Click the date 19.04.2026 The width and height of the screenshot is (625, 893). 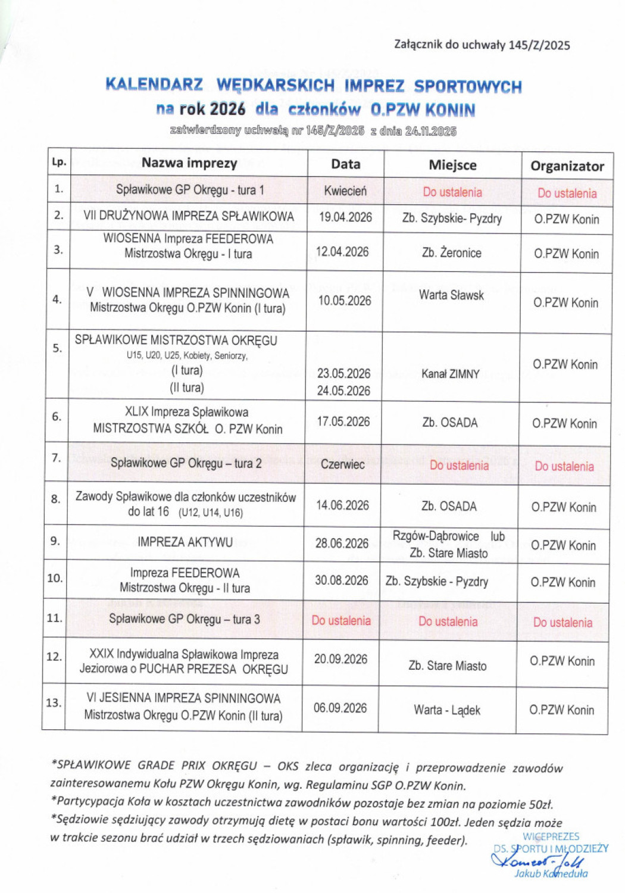coord(345,217)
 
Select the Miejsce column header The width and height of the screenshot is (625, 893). coord(452,165)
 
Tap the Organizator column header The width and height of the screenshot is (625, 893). coord(567,166)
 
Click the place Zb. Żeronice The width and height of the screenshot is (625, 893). coord(451,253)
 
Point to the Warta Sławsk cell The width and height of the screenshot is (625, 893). coord(451,295)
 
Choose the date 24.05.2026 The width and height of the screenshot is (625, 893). coord(343,391)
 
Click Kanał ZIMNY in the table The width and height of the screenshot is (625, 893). coord(450,374)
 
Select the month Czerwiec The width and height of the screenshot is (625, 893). coord(342,464)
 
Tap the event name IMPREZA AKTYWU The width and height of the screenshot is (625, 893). coord(185,542)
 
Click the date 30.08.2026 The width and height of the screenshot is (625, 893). coord(342,580)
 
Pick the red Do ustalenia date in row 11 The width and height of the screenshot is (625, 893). coord(341,620)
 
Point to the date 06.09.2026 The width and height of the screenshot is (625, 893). coord(340,708)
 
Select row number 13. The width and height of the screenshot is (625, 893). coord(54,703)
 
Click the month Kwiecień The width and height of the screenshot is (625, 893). coord(345,191)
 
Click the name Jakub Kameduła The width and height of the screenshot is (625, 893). coord(551,874)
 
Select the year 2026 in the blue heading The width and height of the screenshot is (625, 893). coord(227,109)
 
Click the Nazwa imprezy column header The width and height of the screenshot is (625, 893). coord(189,163)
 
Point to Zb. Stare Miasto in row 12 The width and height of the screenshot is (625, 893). coord(448,666)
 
